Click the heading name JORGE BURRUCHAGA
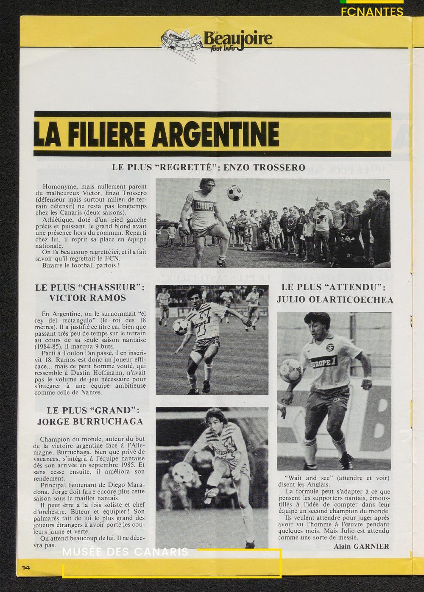pos(90,422)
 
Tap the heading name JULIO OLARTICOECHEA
pos(335,300)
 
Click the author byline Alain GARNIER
pos(361,546)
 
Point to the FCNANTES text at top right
pos(372,12)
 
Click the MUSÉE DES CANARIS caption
pos(126,553)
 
